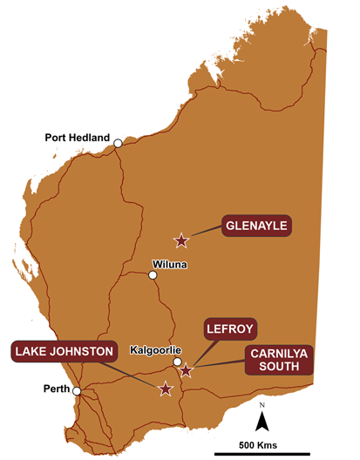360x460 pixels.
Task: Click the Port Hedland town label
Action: tap(78, 138)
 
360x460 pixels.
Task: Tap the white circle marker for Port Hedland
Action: tap(117, 145)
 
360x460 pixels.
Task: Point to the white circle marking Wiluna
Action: tap(153, 276)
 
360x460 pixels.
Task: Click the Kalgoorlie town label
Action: tap(154, 350)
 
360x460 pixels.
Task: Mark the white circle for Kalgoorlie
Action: tap(177, 362)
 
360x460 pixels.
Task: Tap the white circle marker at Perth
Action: tap(77, 391)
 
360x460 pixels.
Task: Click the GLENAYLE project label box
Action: tap(256, 225)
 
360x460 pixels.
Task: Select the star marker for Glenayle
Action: tap(181, 240)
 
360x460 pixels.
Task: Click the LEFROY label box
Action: tap(229, 329)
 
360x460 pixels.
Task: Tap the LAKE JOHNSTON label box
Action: tap(64, 352)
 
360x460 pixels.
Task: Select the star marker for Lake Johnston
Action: tap(166, 389)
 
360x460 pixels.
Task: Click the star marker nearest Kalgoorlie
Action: tap(186, 371)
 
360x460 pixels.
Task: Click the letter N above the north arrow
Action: tap(262, 405)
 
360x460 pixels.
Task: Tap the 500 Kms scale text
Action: tap(262, 445)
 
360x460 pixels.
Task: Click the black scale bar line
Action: tap(262, 454)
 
